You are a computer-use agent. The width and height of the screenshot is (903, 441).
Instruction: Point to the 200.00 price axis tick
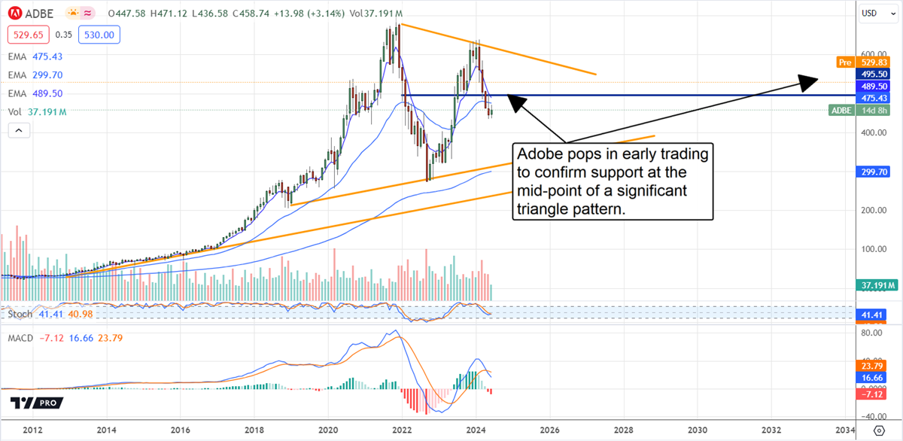tap(874, 211)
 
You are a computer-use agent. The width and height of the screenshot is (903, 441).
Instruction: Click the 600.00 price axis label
tap(874, 54)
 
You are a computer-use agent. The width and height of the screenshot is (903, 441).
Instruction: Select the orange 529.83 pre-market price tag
tap(876, 62)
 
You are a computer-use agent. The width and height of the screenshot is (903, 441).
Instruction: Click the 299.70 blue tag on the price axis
tap(876, 172)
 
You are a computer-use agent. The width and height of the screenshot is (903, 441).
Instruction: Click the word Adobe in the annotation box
tap(539, 154)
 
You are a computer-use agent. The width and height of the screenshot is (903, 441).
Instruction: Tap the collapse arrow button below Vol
tap(18, 130)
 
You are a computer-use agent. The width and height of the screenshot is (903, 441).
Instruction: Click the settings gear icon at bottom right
tap(879, 430)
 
